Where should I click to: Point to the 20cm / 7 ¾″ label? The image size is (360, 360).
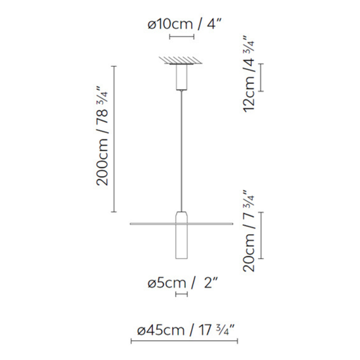tap(249, 231)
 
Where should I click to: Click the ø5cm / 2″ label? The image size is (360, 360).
tap(181, 283)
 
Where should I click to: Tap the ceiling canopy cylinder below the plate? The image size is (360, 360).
tap(181, 78)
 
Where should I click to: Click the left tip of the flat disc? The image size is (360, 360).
tap(130, 223)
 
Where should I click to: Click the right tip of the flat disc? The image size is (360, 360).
tap(232, 223)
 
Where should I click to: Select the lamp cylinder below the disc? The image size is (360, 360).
tap(181, 242)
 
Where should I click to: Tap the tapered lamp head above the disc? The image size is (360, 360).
tap(181, 216)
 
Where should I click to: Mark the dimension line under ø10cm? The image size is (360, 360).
tap(181, 38)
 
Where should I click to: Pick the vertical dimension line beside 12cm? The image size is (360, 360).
tap(261, 77)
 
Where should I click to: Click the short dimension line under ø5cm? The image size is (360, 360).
tap(181, 295)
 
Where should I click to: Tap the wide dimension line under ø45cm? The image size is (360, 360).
tap(181, 342)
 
